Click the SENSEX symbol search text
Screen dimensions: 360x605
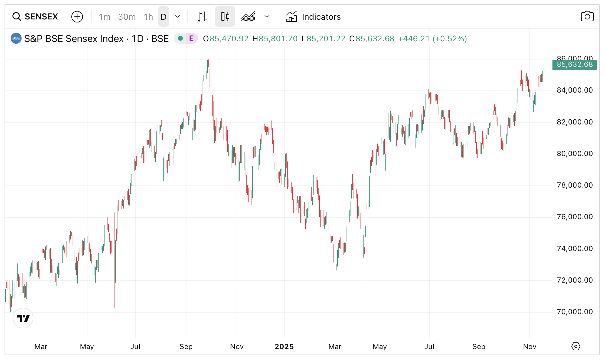pos(41,17)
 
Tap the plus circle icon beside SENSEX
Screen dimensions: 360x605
pos(77,17)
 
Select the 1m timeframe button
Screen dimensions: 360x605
pos(104,17)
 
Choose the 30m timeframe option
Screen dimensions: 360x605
pos(127,17)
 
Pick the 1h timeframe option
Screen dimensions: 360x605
pos(148,17)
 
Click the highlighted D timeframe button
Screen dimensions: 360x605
pos(163,17)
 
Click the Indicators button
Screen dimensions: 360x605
pos(313,17)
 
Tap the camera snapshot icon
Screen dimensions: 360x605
pos(587,16)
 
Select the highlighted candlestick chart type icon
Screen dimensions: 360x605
pos(225,16)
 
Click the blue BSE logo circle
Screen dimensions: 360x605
pos(16,39)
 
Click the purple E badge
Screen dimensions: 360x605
pos(191,39)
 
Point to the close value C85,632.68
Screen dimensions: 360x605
pos(372,39)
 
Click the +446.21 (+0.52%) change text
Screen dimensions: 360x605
pos(432,39)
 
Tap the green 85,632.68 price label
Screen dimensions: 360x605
pos(574,65)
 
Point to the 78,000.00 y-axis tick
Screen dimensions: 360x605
pos(574,185)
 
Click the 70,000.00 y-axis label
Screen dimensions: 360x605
pos(574,312)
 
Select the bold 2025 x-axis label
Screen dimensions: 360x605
pos(284,347)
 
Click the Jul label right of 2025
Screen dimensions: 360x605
pos(429,347)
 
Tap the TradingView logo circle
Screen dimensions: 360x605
pos(23,318)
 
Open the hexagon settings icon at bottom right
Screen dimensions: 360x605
pos(576,346)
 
